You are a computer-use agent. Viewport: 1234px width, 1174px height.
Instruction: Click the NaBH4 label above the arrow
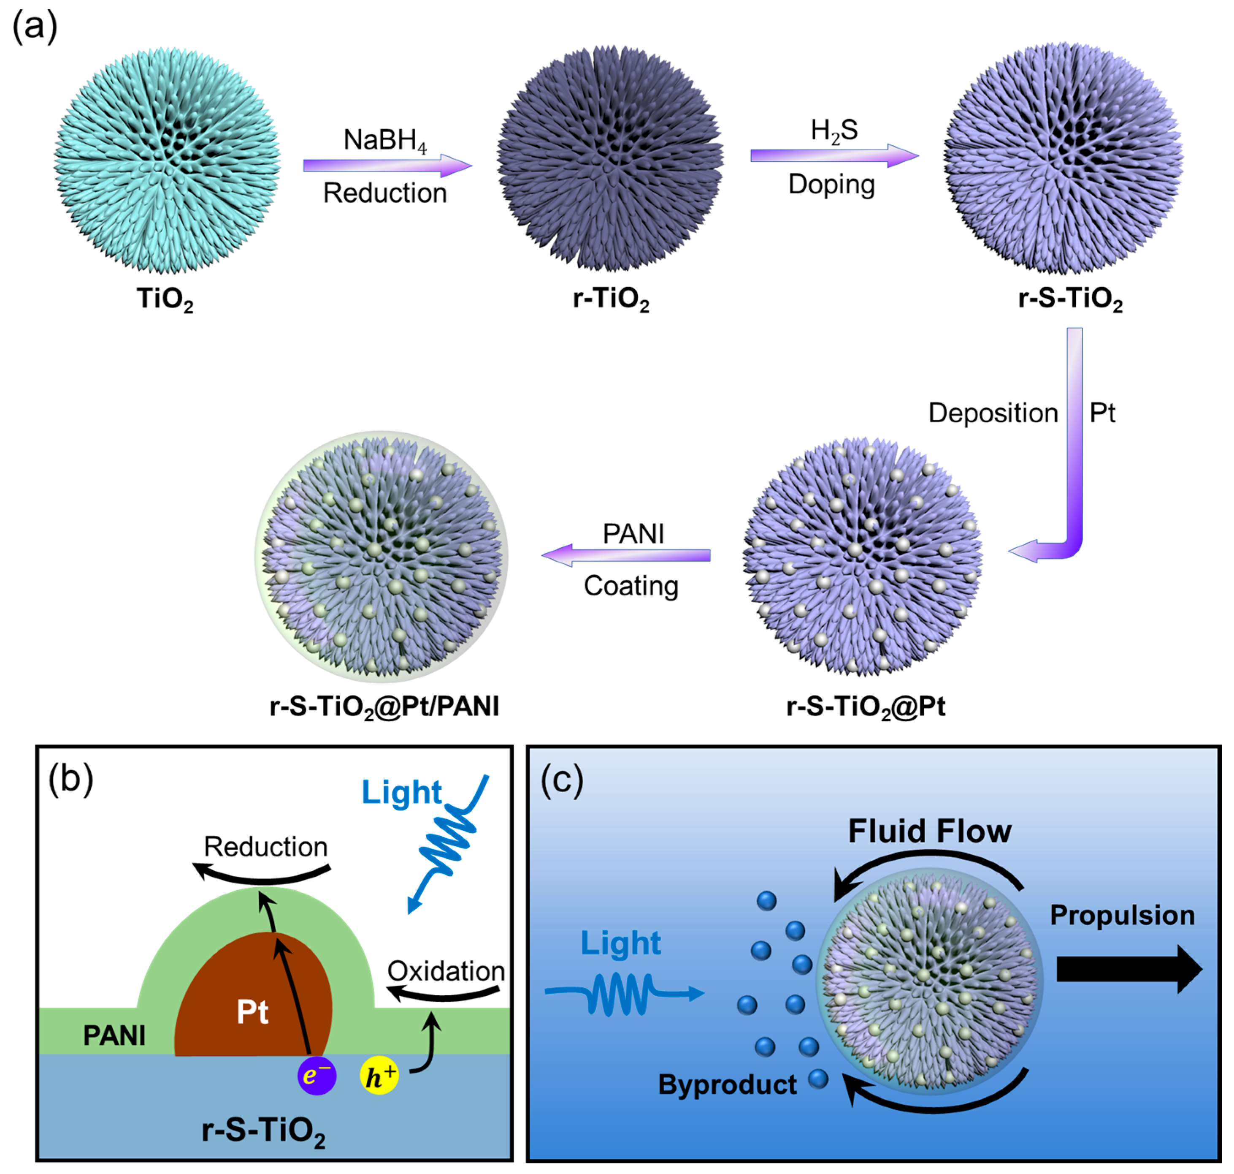[x=384, y=140]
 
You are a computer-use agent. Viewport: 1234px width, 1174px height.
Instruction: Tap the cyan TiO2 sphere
[x=168, y=161]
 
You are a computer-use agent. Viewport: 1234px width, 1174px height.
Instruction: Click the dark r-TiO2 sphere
[x=610, y=159]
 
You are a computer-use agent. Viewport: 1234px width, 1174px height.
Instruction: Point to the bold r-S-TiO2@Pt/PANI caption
[x=384, y=707]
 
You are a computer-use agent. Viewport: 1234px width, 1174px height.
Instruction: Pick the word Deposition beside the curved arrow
[x=993, y=413]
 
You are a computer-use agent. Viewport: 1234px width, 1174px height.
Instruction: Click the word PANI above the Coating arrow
[x=633, y=534]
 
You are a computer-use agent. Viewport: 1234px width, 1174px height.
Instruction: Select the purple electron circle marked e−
[x=317, y=1075]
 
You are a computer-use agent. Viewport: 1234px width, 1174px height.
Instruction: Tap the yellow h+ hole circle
[x=379, y=1075]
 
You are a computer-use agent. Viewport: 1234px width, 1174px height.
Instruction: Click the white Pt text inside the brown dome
[x=252, y=1012]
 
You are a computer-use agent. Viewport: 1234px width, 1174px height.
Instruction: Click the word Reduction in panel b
[x=266, y=847]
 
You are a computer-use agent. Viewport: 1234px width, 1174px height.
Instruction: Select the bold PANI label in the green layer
[x=114, y=1036]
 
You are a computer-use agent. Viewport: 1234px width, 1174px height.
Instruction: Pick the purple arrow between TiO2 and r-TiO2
[x=387, y=165]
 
